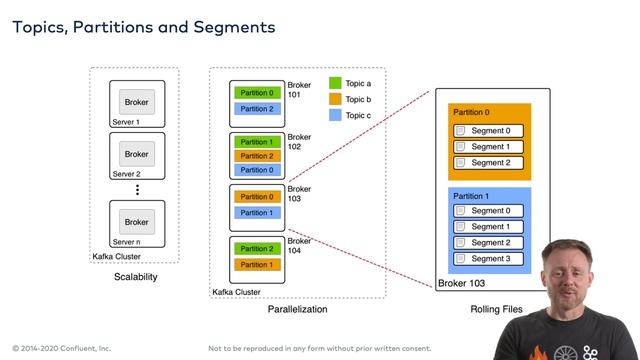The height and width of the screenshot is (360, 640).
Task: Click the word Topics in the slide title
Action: tap(39, 27)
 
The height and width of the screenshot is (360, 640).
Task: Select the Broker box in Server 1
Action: tap(136, 102)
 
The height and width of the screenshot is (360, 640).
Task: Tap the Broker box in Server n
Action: tap(136, 222)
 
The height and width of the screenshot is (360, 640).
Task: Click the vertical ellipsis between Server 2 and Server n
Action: tap(136, 188)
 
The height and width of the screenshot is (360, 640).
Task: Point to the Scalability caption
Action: tap(135, 277)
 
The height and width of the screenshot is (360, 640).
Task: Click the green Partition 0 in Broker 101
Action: tap(257, 93)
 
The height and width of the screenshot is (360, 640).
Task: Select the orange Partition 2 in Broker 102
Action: tap(257, 156)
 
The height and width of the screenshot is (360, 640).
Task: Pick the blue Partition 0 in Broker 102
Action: tap(257, 170)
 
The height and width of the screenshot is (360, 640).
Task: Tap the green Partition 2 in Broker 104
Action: tap(257, 249)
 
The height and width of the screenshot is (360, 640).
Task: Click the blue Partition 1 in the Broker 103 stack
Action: tap(257, 212)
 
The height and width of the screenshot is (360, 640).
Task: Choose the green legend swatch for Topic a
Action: tap(335, 85)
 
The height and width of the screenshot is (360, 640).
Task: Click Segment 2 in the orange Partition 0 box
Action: tap(490, 163)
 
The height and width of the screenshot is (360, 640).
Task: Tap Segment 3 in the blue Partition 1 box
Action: tap(490, 259)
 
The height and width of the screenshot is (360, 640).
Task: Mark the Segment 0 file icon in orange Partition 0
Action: tap(460, 131)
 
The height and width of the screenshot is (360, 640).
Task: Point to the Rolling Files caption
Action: tap(496, 310)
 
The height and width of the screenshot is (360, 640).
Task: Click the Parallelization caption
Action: tap(298, 310)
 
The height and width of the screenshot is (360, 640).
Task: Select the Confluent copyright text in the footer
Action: tap(61, 348)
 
